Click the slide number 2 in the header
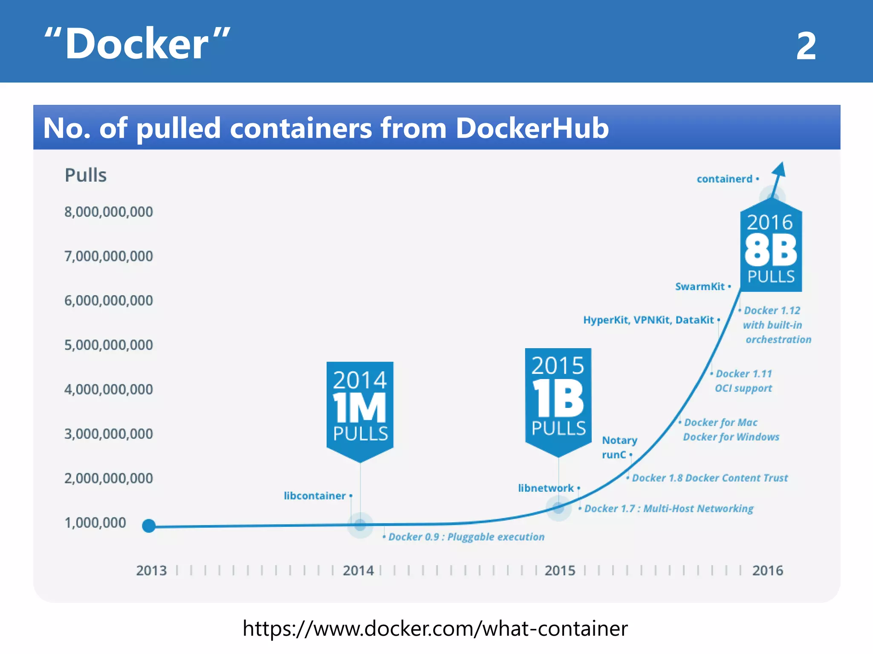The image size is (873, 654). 806,46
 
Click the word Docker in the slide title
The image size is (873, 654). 137,44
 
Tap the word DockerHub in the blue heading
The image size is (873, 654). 532,128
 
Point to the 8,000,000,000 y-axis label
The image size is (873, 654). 108,212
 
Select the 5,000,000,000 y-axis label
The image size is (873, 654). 108,344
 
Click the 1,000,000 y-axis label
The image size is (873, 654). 95,522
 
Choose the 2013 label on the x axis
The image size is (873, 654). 151,570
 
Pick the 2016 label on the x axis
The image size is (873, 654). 767,570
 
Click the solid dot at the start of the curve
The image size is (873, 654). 149,526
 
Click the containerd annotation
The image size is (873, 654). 725,179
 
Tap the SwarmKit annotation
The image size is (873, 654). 700,287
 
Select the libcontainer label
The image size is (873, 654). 315,496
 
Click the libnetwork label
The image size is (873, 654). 546,488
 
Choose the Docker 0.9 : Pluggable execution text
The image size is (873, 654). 466,537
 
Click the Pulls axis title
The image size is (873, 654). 86,175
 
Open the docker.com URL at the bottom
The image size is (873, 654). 435,628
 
